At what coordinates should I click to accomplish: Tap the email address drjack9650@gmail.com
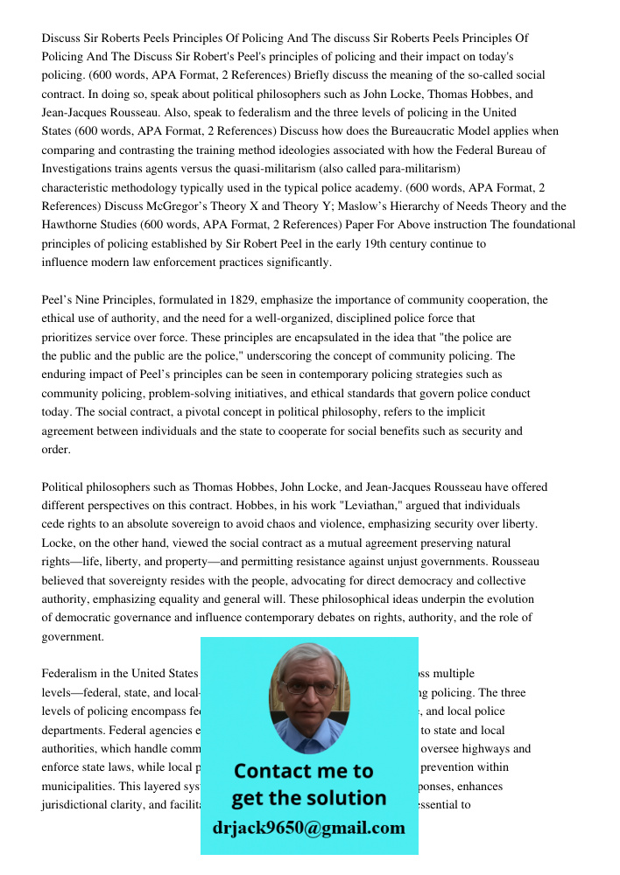click(x=308, y=828)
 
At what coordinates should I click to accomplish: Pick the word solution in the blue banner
click(x=344, y=798)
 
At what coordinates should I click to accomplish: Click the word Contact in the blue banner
click(x=270, y=771)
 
